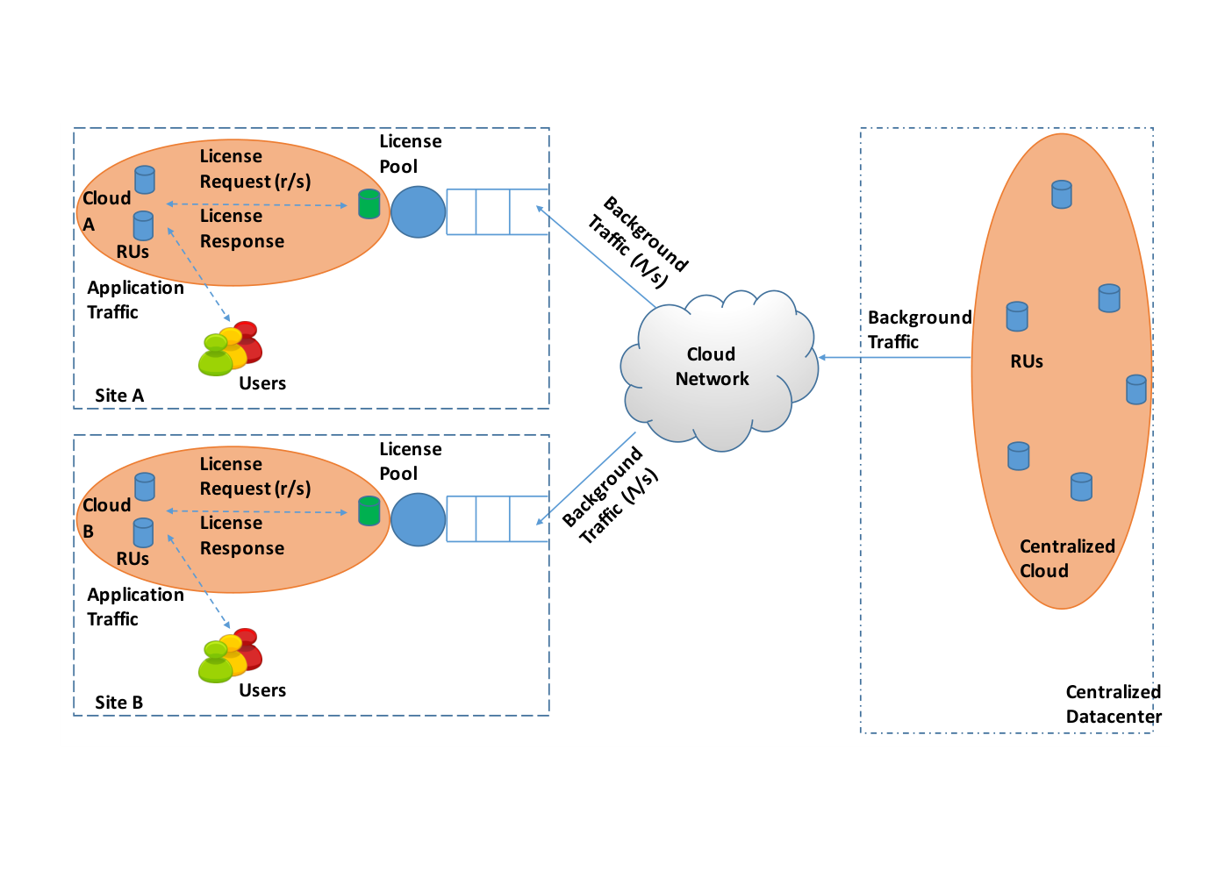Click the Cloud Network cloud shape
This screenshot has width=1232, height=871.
pos(719,369)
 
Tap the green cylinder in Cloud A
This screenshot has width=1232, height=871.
pos(369,204)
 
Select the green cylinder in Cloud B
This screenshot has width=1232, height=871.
pos(369,510)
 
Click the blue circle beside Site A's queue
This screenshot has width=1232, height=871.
pos(418,211)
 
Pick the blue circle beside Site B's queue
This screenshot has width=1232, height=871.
pos(418,519)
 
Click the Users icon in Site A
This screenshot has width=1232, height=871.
pos(231,348)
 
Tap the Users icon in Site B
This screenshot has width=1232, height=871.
pos(231,655)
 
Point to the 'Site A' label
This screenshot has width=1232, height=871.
pos(119,396)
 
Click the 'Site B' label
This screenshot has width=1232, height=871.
pos(118,703)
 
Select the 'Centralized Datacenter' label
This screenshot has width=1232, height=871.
pos(1114,703)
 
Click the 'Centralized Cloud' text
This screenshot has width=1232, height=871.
pos(1067,558)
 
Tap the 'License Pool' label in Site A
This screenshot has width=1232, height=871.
pos(411,153)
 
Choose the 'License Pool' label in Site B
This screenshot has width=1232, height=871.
pos(411,460)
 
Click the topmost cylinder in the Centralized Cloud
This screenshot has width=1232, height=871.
pos(1062,194)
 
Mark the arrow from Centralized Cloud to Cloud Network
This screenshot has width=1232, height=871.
pos(895,357)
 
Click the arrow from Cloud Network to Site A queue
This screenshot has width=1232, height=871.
pos(596,256)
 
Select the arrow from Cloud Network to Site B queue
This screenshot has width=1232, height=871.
pos(586,478)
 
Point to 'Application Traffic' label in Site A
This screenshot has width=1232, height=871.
pos(135,300)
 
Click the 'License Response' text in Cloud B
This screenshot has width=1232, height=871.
pos(242,535)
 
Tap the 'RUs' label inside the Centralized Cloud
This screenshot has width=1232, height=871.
pos(1027,361)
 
